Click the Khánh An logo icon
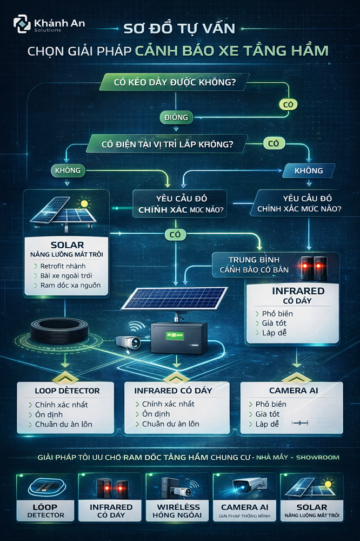(22, 25)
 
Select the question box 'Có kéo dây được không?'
(172, 83)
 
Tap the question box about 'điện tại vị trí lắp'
(167, 144)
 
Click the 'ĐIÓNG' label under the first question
(176, 117)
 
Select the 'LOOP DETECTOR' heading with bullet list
(67, 390)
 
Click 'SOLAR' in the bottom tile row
(312, 507)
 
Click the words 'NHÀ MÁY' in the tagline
(272, 457)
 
